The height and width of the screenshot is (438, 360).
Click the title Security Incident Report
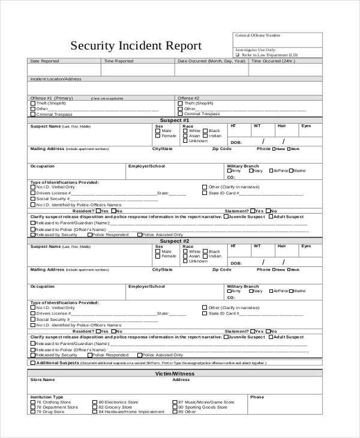pos(137,46)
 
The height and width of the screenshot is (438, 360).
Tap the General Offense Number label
pos(257,35)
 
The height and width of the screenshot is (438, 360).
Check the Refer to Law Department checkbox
pos(238,55)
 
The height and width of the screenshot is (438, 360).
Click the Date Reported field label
pos(44,61)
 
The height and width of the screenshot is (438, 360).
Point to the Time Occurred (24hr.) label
pos(274,61)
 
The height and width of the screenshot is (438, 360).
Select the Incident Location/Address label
pos(56,79)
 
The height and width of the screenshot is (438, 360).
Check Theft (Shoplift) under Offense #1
pos(32,103)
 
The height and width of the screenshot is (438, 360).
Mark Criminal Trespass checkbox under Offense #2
pos(180,114)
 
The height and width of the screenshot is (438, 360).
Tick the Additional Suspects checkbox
pos(32,362)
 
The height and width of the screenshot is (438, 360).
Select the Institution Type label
pos(47,397)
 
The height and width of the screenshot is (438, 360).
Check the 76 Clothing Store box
pos(32,402)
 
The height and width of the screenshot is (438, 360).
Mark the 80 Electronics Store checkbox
pos(95,402)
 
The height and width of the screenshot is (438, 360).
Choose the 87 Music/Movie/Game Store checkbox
pos(175,402)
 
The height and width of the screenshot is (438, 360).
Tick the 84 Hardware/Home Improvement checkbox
pos(95,412)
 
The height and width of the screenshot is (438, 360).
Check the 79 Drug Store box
pos(32,412)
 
